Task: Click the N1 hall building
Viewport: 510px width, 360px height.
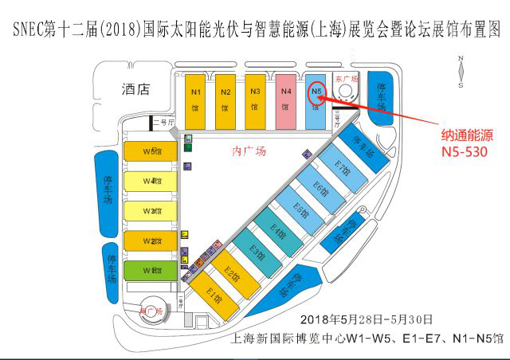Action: tap(196, 100)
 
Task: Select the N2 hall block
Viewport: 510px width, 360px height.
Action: tap(226, 100)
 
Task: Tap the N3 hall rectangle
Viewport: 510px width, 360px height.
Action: tap(254, 100)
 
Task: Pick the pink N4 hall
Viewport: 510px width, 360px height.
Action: tap(286, 100)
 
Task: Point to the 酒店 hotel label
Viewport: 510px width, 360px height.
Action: tap(136, 89)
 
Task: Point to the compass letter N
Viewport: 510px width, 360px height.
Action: tap(461, 59)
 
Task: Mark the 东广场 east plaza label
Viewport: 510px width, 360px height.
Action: tap(342, 80)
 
